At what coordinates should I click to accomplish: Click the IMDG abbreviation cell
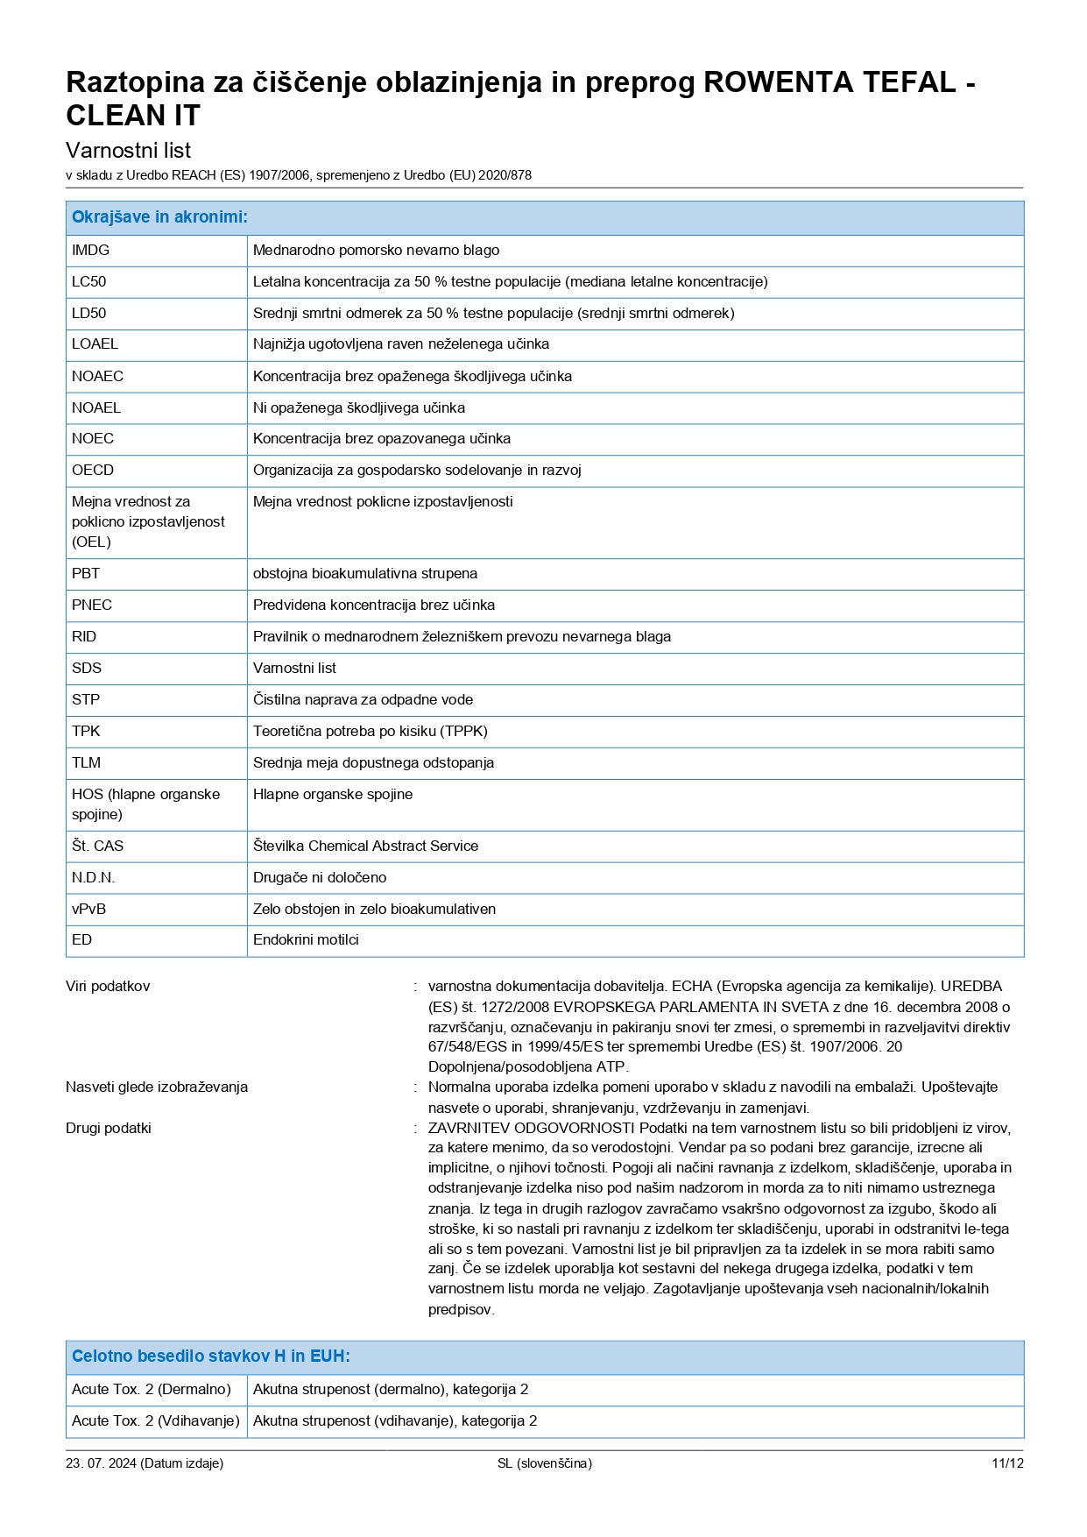[x=91, y=251]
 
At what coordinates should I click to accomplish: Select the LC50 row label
[x=89, y=282]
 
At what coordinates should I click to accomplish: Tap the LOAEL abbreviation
[x=95, y=344]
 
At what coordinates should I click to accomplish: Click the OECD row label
[x=93, y=471]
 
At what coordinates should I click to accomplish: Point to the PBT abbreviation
[x=86, y=574]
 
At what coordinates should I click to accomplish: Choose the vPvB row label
[x=88, y=910]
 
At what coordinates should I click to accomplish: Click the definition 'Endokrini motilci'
[x=306, y=940]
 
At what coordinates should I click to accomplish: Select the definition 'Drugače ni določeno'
[x=320, y=878]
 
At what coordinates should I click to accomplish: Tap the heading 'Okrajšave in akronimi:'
[x=159, y=217]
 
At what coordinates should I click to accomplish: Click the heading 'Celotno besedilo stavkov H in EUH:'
[x=211, y=1356]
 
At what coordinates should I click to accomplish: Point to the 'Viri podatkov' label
[x=108, y=987]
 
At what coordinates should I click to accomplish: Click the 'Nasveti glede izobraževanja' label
[x=157, y=1087]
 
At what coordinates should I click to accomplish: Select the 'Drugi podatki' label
[x=109, y=1129]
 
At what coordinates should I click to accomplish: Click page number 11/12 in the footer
[x=1007, y=1464]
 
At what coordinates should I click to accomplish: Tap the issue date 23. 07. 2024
[x=101, y=1464]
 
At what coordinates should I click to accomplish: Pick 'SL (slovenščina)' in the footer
[x=544, y=1464]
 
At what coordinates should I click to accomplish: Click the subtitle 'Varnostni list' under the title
[x=128, y=151]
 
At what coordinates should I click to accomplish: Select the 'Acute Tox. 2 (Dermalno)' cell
[x=152, y=1390]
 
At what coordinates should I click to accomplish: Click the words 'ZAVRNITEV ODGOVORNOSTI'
[x=531, y=1129]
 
